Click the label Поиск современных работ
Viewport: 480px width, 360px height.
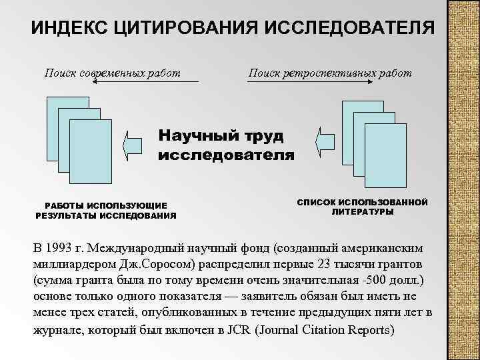[x=112, y=72]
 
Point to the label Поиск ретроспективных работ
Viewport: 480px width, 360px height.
[x=329, y=72]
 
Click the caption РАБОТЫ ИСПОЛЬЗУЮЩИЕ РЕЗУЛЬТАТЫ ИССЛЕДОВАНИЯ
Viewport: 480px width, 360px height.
[x=105, y=211]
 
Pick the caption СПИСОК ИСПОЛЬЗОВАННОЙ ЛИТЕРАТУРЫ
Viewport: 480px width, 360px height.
[x=362, y=207]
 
